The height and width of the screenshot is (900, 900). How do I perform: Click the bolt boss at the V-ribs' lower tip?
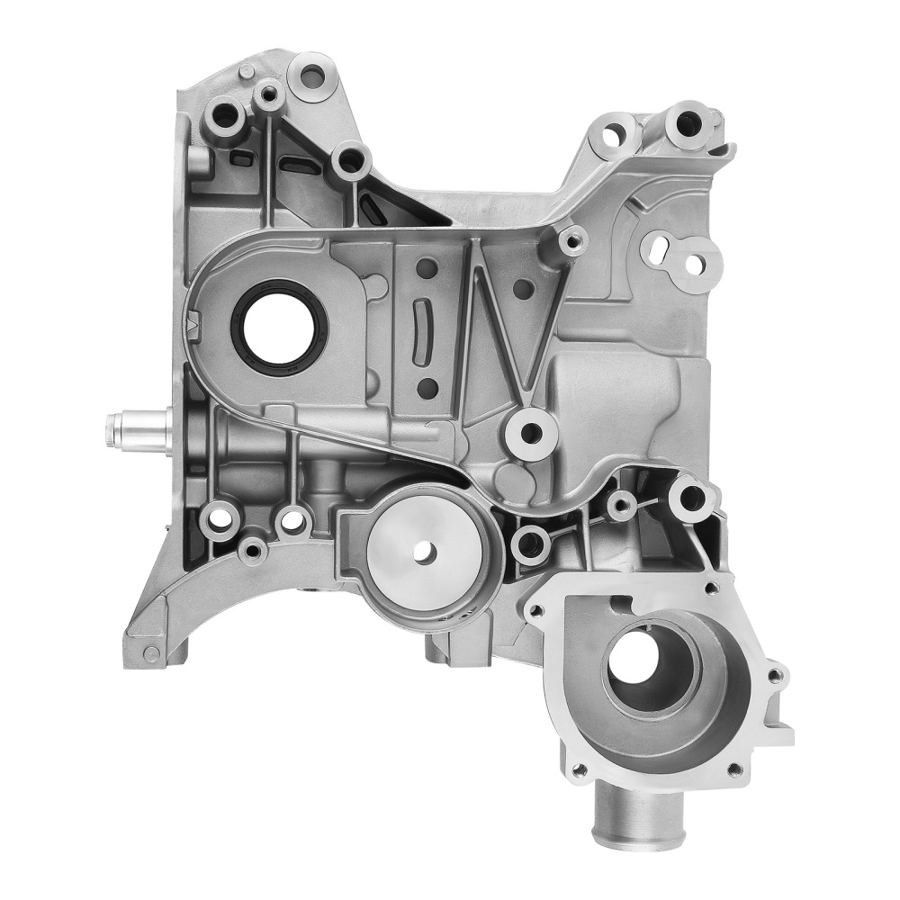[x=532, y=433]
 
